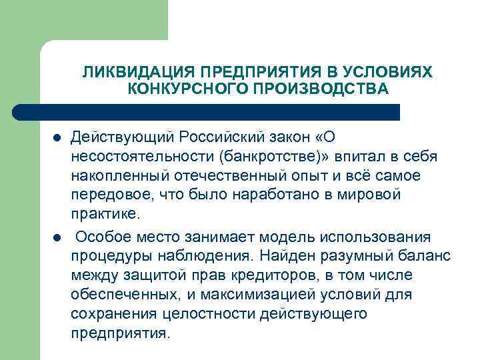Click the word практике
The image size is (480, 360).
(107, 215)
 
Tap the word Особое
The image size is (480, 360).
(103, 237)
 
